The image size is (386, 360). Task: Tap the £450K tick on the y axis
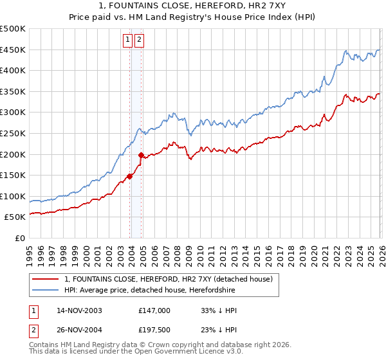[13, 50]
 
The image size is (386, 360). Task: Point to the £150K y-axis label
[13, 175]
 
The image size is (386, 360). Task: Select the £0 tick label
[19, 238]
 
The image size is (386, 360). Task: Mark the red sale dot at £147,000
[130, 176]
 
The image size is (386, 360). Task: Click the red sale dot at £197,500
[142, 155]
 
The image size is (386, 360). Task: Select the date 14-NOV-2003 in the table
[79, 310]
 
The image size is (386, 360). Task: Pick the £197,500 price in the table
[154, 331]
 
